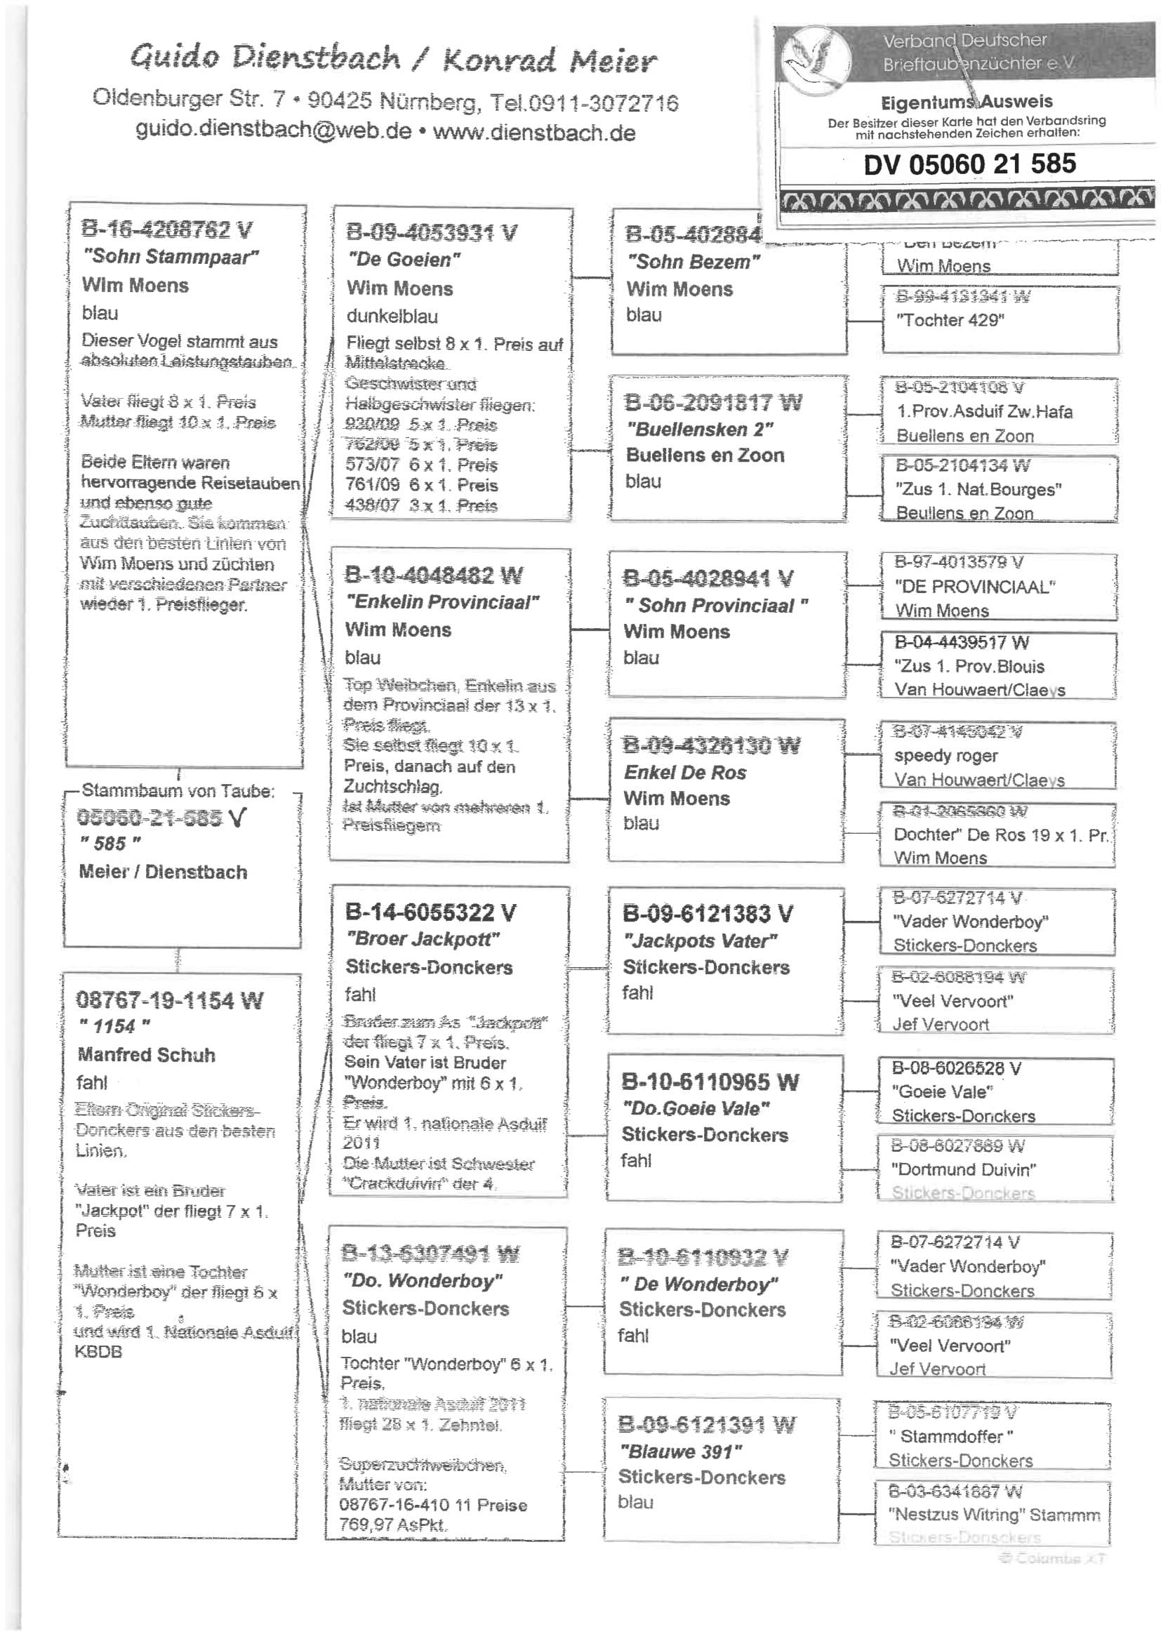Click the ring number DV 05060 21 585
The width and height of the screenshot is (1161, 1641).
pos(969,164)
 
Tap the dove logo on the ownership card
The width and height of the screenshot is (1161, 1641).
pos(816,57)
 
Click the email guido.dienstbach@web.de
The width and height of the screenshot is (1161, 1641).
pos(274,131)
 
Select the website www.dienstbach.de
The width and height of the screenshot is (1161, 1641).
pos(534,132)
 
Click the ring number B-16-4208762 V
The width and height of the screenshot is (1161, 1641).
pos(167,230)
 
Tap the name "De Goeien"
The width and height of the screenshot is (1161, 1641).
pos(404,260)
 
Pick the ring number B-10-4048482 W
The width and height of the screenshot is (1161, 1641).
pos(433,575)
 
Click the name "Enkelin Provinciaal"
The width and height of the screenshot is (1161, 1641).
pos(442,602)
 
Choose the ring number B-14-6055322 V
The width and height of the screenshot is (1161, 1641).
pos(430,912)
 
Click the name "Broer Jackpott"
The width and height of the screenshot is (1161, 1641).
pos(423,939)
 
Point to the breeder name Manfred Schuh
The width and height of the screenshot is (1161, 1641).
pos(147,1055)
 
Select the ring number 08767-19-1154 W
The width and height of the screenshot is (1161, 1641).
pos(169,1000)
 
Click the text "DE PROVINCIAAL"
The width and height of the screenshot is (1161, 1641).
pos(975,587)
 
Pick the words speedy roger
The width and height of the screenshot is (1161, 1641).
pos(946,755)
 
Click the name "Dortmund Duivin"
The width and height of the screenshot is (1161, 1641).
pos(963,1169)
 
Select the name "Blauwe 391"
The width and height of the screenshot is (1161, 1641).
pos(681,1451)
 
